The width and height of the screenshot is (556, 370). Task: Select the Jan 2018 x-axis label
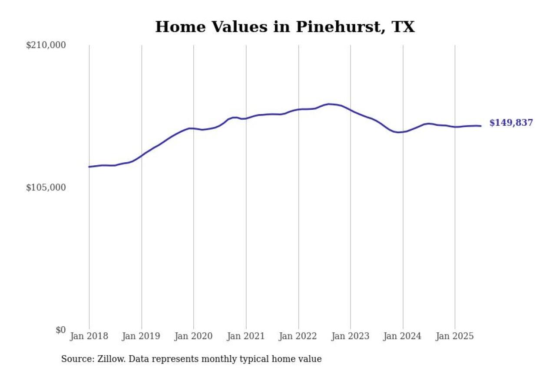89,337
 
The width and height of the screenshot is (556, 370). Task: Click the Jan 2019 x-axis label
142,337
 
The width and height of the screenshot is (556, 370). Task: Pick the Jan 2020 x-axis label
194,337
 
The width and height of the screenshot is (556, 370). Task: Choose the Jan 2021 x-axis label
246,337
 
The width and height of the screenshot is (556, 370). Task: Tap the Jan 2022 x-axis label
298,337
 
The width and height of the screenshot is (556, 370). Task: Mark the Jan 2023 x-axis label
351,337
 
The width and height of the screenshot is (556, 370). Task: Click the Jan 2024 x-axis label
403,337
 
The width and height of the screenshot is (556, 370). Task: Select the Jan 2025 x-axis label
455,337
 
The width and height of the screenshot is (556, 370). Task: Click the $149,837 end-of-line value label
511,123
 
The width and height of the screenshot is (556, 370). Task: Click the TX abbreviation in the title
403,27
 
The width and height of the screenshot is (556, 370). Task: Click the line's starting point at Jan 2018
89,167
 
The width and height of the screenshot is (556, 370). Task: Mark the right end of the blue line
481,126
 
